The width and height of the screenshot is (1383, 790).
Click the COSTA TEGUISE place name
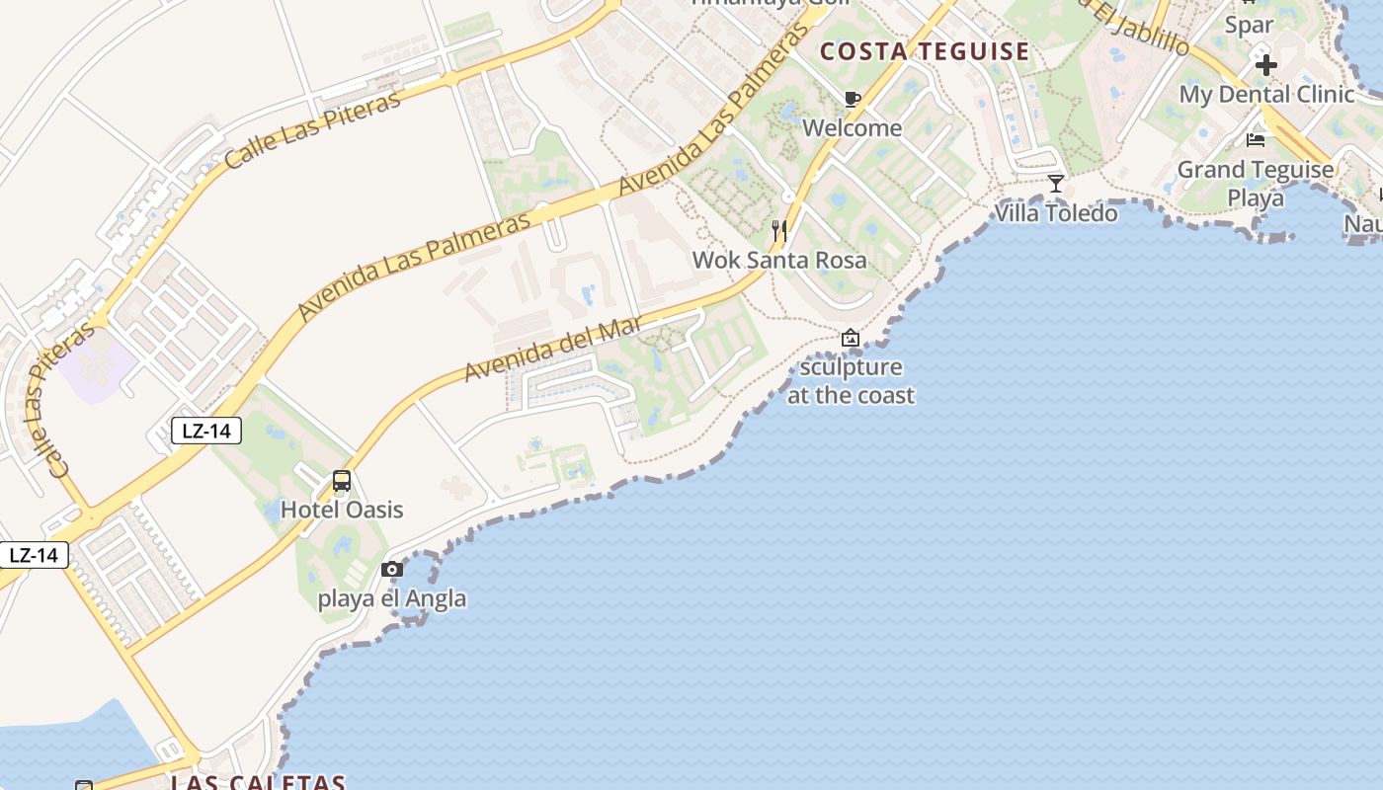(x=925, y=51)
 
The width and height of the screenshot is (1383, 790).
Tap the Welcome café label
(x=852, y=127)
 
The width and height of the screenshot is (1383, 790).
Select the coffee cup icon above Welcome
(x=852, y=99)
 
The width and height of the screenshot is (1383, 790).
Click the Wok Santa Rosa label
(x=779, y=260)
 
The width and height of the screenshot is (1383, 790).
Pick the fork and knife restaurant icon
(x=779, y=231)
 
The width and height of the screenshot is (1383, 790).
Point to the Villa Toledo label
(x=1056, y=212)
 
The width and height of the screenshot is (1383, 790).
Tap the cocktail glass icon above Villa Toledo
(x=1056, y=184)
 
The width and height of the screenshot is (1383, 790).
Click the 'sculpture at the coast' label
(x=851, y=381)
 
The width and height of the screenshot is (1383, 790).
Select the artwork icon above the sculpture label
(x=850, y=338)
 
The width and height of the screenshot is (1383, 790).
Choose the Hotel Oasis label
(x=342, y=510)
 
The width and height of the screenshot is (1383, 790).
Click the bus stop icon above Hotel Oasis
(x=342, y=481)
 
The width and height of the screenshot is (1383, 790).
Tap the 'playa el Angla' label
(x=392, y=598)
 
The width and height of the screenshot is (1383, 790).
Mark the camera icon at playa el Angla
(x=392, y=569)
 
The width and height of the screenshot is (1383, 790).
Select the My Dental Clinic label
(x=1266, y=95)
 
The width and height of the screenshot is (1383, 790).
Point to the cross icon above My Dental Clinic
(x=1265, y=65)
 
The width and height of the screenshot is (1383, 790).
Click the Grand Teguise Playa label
(x=1256, y=184)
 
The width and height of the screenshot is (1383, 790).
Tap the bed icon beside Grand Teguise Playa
(x=1256, y=139)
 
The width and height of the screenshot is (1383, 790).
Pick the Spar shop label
(x=1249, y=25)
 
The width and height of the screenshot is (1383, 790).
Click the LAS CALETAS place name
(x=258, y=782)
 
